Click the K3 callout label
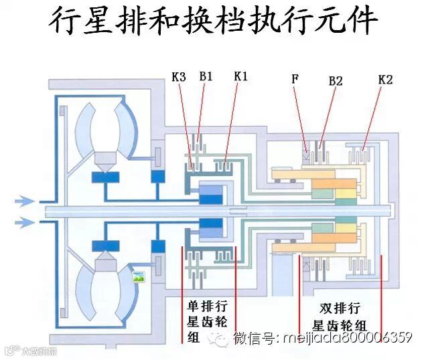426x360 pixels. click(178, 77)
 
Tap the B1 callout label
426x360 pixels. click(206, 77)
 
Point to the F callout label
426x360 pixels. click(295, 79)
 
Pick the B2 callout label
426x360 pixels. click(336, 81)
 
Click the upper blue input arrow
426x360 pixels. click(25, 199)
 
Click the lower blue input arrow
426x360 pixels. click(25, 221)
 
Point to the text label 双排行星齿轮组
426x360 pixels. click(340, 317)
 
